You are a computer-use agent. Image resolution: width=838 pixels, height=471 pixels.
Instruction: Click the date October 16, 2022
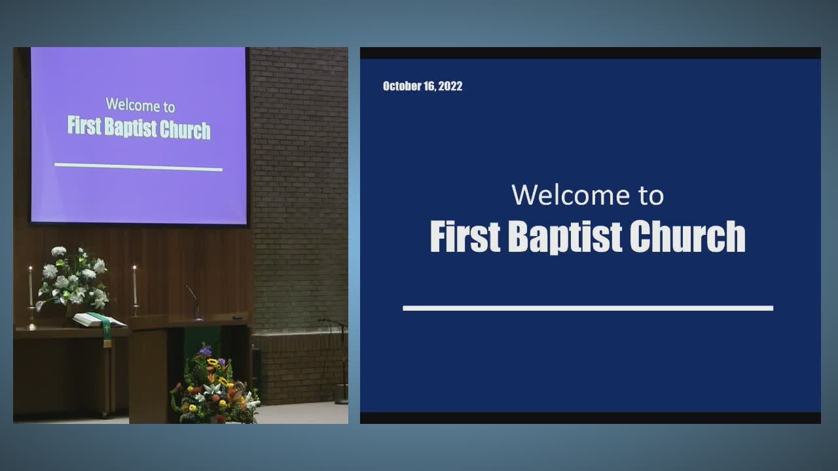tap(422, 86)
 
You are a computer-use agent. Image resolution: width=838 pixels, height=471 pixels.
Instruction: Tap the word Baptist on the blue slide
tap(565, 237)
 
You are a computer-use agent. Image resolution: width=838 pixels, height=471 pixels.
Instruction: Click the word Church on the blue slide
tap(687, 236)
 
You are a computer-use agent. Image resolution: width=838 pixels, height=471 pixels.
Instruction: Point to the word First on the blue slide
tap(465, 236)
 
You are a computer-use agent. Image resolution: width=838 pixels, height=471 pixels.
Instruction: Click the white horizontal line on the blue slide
tap(588, 308)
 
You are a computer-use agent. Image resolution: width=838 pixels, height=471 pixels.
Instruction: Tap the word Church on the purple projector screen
tap(185, 130)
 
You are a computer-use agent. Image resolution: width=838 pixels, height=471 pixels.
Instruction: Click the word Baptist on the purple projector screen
tap(130, 128)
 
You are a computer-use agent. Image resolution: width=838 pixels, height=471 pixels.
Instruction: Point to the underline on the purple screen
tap(138, 167)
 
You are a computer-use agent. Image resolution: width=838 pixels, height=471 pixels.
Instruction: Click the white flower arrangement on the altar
tap(73, 279)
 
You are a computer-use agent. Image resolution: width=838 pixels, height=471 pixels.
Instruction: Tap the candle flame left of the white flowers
tap(30, 268)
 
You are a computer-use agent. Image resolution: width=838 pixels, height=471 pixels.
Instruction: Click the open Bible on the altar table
tap(99, 320)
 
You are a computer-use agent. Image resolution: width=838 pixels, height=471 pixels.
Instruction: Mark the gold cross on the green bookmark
tap(107, 329)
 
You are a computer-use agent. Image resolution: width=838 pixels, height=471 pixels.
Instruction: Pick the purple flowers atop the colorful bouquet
tap(206, 350)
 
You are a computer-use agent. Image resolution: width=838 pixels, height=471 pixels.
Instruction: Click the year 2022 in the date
tap(450, 86)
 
